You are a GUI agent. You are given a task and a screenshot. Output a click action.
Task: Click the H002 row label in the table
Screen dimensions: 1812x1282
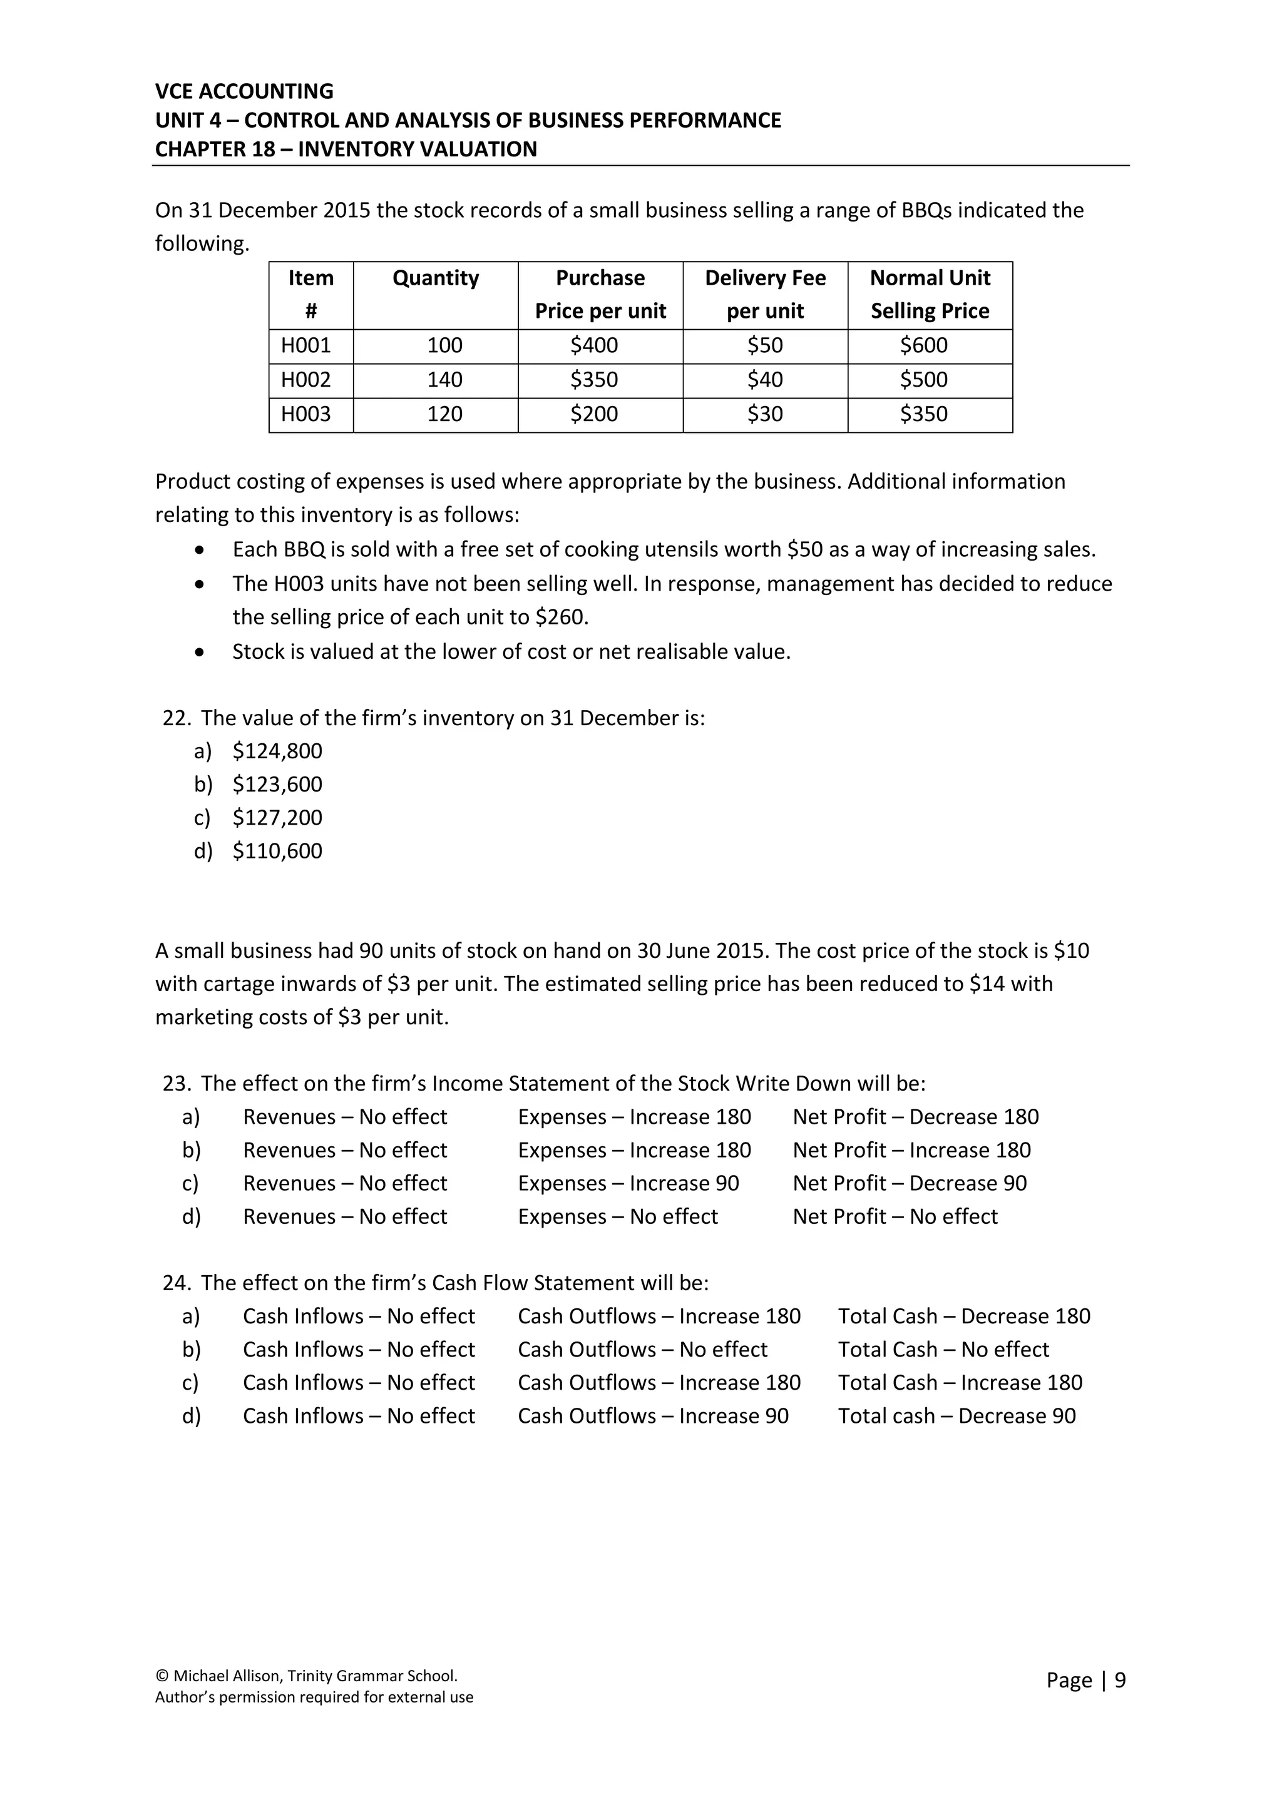coord(306,380)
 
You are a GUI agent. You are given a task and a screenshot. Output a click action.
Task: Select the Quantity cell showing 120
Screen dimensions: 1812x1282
coord(444,414)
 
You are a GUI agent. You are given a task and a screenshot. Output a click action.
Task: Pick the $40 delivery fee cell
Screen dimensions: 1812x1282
coord(764,380)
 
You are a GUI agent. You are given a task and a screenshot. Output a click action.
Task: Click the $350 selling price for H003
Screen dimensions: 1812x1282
coord(923,414)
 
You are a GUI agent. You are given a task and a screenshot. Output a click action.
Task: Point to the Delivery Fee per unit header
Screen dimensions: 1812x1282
coord(764,294)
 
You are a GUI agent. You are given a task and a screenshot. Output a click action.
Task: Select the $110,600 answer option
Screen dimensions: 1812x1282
coord(277,851)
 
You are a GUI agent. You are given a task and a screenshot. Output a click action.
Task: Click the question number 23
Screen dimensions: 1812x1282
coord(177,1084)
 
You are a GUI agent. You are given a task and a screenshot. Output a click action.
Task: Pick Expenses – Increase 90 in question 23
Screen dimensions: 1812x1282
coord(628,1183)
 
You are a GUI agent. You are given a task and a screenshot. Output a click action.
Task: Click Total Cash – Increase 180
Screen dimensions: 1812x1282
coord(960,1383)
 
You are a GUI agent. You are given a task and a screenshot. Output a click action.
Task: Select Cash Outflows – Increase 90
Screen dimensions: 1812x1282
coord(653,1416)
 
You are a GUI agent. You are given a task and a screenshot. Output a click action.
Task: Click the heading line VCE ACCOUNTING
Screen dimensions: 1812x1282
coord(244,91)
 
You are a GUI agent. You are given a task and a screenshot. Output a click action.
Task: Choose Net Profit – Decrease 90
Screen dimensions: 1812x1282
coord(910,1183)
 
